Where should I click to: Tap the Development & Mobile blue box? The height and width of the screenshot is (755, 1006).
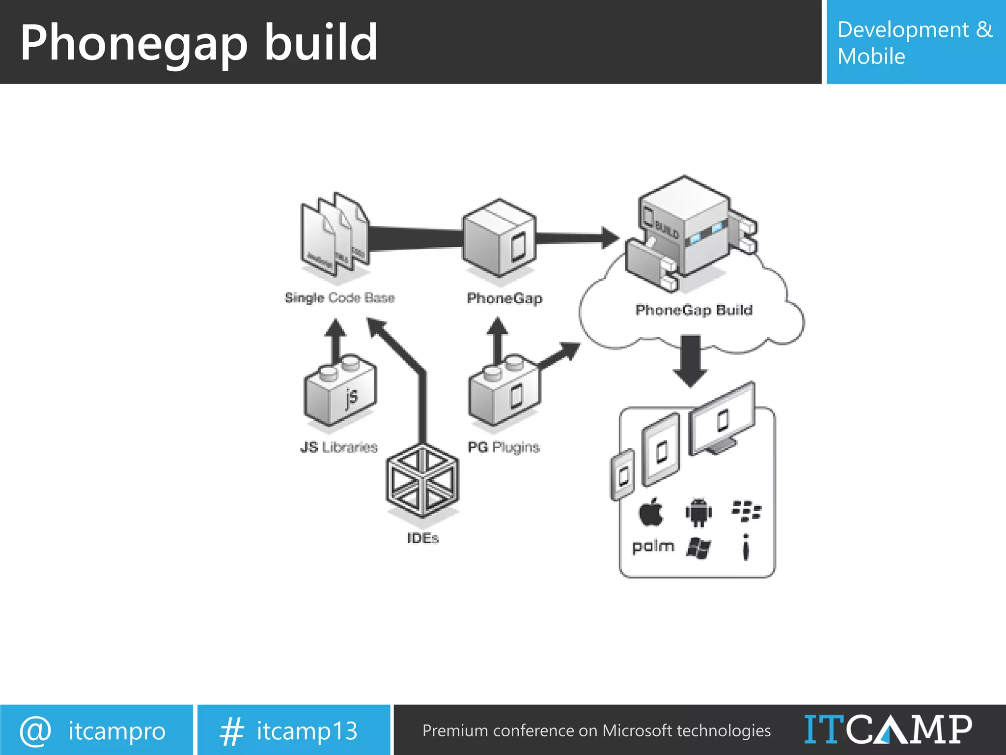point(916,42)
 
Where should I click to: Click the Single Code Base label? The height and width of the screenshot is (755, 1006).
point(339,298)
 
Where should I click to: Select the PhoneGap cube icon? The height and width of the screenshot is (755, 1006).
point(500,238)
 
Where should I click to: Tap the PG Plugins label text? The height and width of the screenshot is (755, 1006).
point(503,447)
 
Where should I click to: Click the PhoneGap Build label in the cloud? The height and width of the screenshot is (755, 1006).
point(694,310)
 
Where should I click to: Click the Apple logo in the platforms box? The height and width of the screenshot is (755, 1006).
point(651,513)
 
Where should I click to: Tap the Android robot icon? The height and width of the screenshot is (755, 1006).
point(699,512)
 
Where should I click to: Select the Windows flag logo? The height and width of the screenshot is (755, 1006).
point(699,548)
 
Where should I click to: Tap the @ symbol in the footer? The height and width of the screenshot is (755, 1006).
point(35,731)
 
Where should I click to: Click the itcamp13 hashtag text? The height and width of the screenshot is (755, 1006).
point(307,731)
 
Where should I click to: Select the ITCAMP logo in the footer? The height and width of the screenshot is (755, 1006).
point(888,730)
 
